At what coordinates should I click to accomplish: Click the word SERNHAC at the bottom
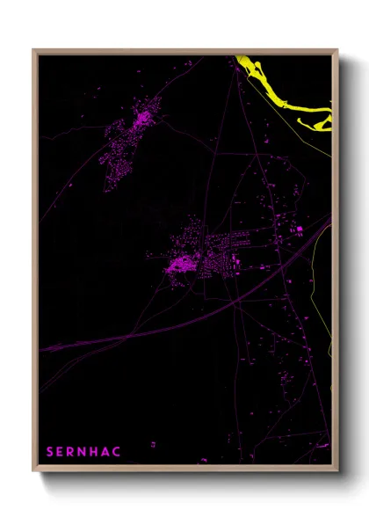point(84,452)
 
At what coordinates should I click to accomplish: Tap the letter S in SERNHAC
point(50,452)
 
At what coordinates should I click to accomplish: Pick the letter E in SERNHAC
point(61,452)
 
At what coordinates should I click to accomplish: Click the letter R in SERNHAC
point(71,452)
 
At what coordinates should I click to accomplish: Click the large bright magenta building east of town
point(299,230)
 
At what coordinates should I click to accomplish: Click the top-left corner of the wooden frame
point(33,50)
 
